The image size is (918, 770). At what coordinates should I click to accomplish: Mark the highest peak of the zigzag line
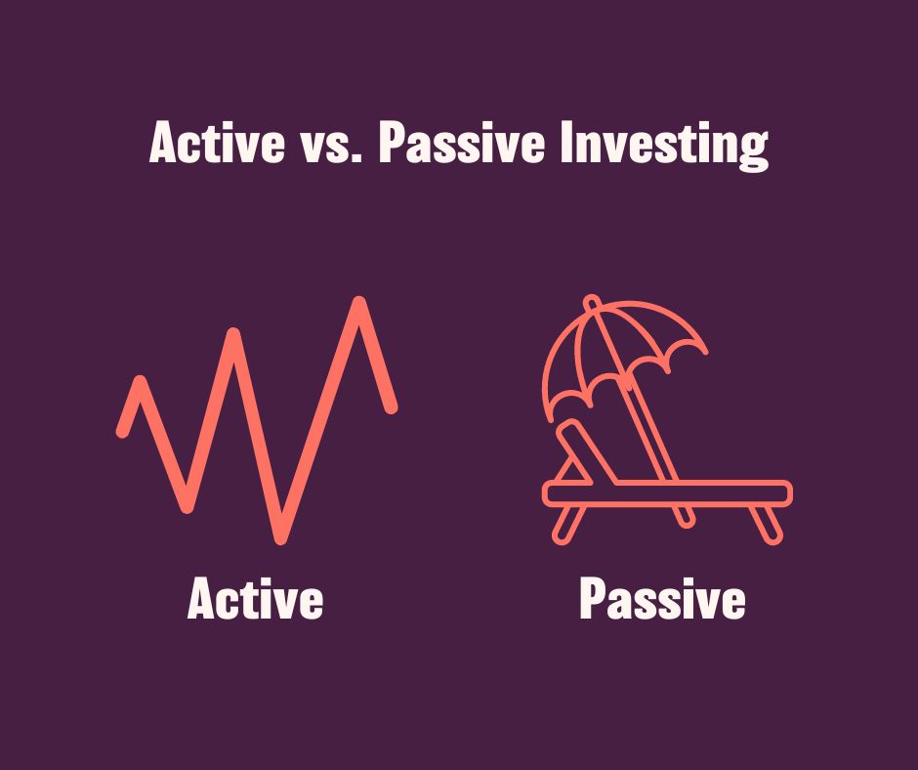[x=359, y=304]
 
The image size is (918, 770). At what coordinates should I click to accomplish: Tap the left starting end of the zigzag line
[x=123, y=430]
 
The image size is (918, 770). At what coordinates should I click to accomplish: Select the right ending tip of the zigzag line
[x=392, y=406]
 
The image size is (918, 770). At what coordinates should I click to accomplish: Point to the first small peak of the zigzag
[x=142, y=383]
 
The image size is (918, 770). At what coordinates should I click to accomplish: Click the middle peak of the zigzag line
[x=234, y=337]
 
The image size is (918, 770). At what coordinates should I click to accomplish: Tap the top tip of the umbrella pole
[x=589, y=300]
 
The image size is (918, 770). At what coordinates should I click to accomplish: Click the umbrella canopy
[x=625, y=347]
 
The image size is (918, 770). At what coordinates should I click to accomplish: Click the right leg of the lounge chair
[x=768, y=523]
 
